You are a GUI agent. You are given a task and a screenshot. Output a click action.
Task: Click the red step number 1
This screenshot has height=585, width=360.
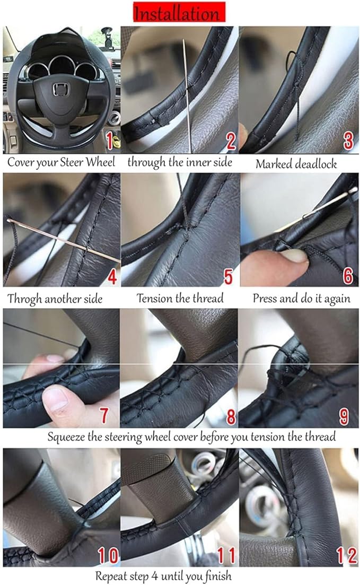click(x=109, y=141)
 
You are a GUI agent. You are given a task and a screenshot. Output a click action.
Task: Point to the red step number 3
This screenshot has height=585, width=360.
click(x=348, y=141)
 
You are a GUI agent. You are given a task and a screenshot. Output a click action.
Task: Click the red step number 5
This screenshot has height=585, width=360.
click(x=228, y=276)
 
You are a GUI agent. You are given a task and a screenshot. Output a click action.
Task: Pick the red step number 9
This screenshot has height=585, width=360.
click(x=344, y=417)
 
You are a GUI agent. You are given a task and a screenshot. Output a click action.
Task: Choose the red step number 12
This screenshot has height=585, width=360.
click(x=347, y=555)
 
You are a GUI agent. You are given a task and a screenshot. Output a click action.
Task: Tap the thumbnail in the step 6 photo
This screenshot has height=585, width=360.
click(x=294, y=256)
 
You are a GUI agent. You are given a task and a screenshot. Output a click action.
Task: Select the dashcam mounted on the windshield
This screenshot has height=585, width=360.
click(x=107, y=37)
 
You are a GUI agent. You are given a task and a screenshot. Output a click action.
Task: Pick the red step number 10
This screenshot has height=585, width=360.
click(x=108, y=555)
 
